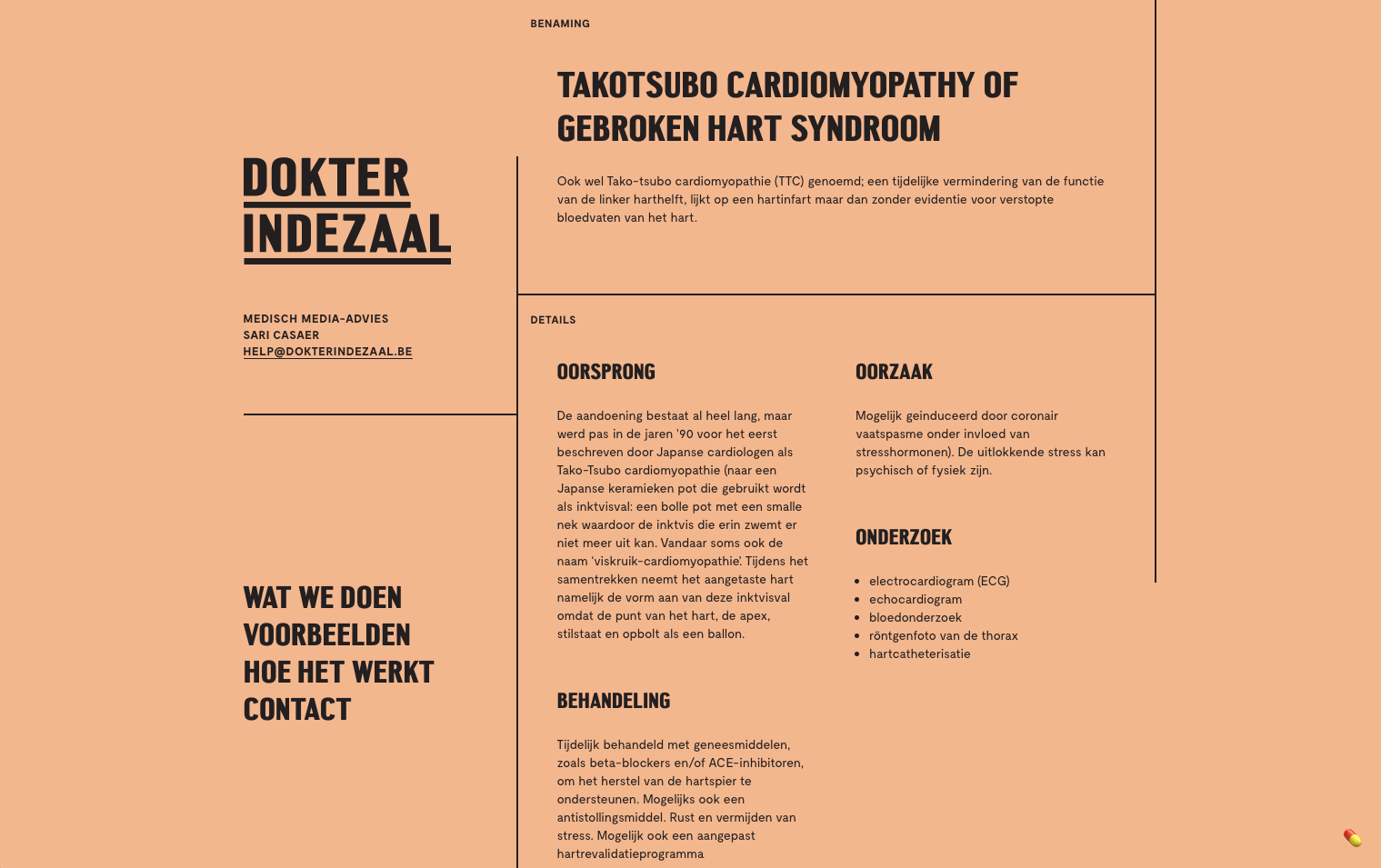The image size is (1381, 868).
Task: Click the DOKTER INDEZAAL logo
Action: (346, 208)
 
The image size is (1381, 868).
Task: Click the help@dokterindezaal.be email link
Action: (327, 352)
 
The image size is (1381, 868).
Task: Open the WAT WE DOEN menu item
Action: (322, 598)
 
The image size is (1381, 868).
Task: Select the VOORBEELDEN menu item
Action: (326, 635)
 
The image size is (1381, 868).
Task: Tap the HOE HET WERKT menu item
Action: (338, 673)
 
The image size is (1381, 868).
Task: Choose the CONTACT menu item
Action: (296, 710)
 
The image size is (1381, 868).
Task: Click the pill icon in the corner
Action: (1353, 838)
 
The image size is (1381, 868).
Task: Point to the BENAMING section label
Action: (560, 24)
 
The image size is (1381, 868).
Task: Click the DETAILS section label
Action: (553, 320)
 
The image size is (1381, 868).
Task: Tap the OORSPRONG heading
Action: (605, 372)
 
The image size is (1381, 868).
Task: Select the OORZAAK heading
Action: (894, 372)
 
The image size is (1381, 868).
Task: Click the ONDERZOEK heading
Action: (903, 537)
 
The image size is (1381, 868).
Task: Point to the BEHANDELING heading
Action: (613, 701)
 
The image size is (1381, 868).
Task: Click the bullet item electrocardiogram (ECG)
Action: (938, 581)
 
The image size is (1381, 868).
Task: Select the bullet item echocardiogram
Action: (915, 599)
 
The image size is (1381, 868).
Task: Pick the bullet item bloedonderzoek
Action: (915, 617)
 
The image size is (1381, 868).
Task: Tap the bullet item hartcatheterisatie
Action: (919, 653)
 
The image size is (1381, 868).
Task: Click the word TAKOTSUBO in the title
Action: (636, 85)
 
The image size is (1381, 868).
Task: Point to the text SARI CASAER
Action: (281, 335)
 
